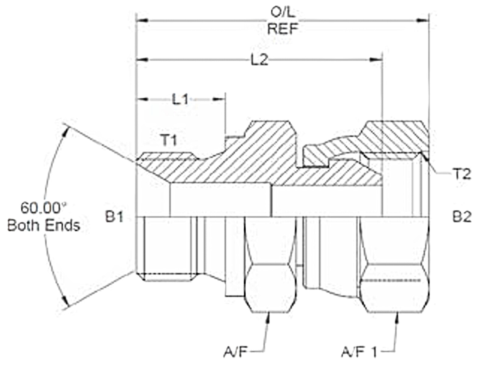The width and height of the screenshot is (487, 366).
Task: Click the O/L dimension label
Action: click(x=283, y=13)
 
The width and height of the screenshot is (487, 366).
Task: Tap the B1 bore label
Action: click(x=114, y=217)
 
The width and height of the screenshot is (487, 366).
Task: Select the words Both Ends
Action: click(x=44, y=226)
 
